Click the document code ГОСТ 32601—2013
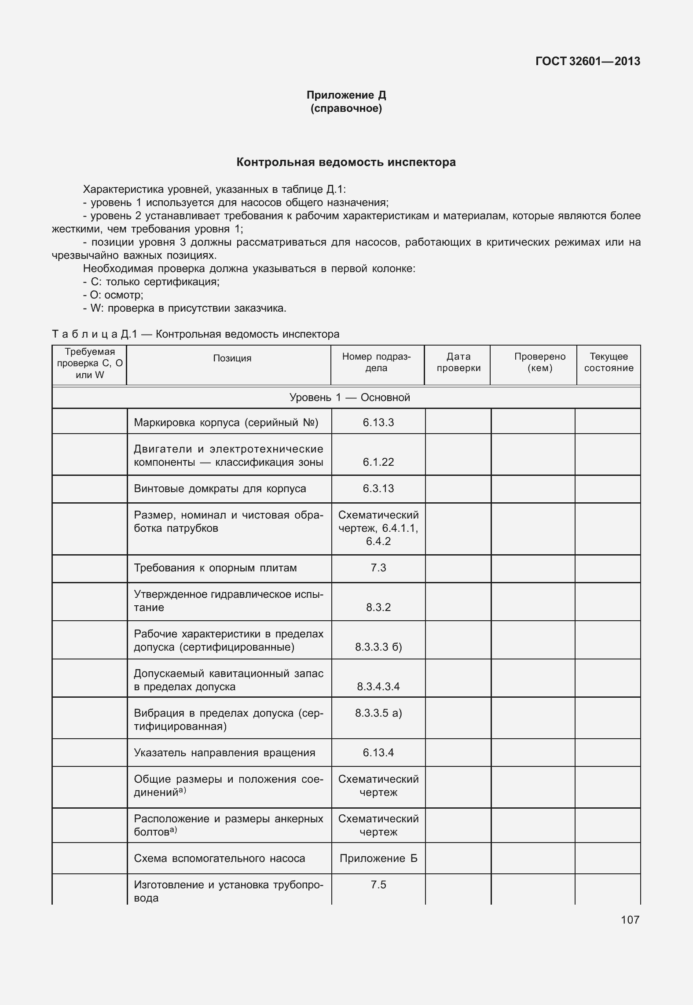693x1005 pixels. point(587,61)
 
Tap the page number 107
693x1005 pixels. point(630,920)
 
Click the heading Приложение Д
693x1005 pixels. point(346,95)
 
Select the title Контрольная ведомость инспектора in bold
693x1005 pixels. point(346,162)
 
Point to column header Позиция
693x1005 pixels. point(232,358)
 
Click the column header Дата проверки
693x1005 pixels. point(458,362)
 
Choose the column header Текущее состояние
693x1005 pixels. point(609,362)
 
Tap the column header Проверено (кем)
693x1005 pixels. point(539,362)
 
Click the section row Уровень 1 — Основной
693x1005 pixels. point(349,398)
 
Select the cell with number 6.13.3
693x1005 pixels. point(378,423)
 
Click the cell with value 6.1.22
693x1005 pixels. point(378,462)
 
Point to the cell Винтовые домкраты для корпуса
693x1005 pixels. point(220,489)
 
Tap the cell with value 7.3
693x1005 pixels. point(378,568)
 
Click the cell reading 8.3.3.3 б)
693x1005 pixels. point(378,647)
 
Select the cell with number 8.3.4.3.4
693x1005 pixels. point(378,686)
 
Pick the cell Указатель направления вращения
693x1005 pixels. point(224,752)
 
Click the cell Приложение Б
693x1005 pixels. point(378,858)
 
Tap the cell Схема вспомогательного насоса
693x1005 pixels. point(219,858)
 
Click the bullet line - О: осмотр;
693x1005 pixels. point(113,295)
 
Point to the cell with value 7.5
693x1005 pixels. point(378,884)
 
